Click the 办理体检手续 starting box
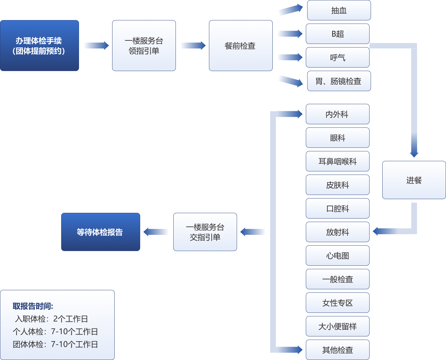tap(39, 46)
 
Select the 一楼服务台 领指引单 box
tap(144, 46)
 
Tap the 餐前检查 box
tap(241, 46)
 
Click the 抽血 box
tap(339, 11)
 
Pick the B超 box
tap(337, 34)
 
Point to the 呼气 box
tap(337, 57)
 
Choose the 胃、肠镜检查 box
tap(339, 81)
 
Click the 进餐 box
tap(414, 180)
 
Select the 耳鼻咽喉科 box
tap(337, 161)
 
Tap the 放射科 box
tap(337, 232)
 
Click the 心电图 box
tap(337, 256)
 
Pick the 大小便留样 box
tap(337, 326)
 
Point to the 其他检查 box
tap(337, 350)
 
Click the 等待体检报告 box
tap(100, 232)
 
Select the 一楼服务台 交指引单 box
tap(205, 232)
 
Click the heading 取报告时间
tap(33, 306)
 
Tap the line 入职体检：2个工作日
tap(51, 319)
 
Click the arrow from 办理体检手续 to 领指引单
tap(96, 46)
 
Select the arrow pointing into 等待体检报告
tap(156, 232)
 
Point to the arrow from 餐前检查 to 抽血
tap(290, 10)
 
